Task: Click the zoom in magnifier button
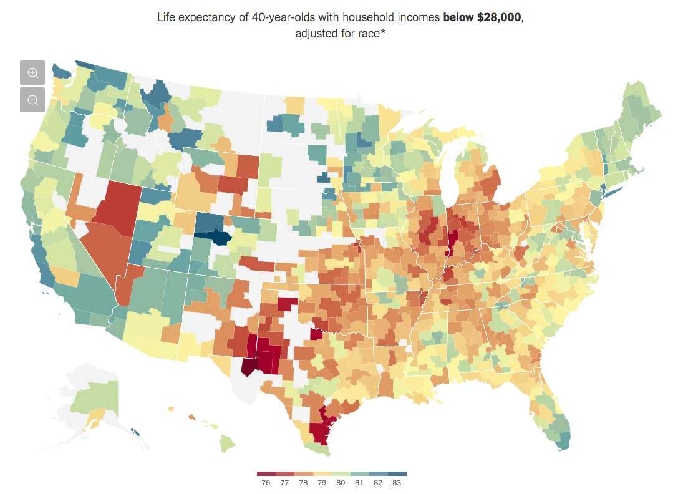point(32,72)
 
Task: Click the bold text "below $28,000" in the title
point(482,17)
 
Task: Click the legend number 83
point(397,482)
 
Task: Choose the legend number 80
point(341,482)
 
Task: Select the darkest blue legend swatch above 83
point(397,473)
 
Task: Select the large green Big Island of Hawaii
point(227,444)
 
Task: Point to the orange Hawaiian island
point(191,417)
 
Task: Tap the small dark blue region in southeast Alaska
point(135,430)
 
